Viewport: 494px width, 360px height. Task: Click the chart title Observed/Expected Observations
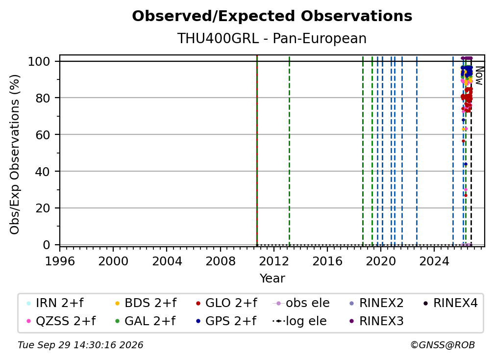(x=272, y=16)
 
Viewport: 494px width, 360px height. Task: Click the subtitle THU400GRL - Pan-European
(x=272, y=38)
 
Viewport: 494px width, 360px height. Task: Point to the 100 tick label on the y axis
(x=39, y=61)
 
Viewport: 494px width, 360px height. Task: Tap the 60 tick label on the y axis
(x=43, y=134)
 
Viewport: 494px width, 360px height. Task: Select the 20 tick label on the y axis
(x=43, y=208)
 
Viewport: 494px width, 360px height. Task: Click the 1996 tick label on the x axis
(x=60, y=261)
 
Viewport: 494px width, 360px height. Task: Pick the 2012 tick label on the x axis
(x=274, y=261)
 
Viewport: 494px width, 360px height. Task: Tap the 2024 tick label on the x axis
(x=434, y=261)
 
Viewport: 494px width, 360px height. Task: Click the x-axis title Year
(x=272, y=279)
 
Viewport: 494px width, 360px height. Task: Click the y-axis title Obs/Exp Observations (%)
(x=15, y=154)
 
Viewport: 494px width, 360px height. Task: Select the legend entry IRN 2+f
(x=55, y=303)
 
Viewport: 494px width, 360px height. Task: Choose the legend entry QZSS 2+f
(x=61, y=321)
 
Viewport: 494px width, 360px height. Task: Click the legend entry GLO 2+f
(x=226, y=303)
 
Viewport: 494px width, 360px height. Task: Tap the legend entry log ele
(x=299, y=321)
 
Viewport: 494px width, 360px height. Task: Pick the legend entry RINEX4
(x=450, y=303)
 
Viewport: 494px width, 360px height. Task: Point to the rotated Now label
(x=479, y=76)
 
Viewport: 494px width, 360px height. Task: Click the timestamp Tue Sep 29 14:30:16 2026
(x=80, y=345)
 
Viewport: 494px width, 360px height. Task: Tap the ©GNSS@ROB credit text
(x=443, y=345)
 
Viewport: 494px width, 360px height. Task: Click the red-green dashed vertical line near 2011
(x=257, y=150)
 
